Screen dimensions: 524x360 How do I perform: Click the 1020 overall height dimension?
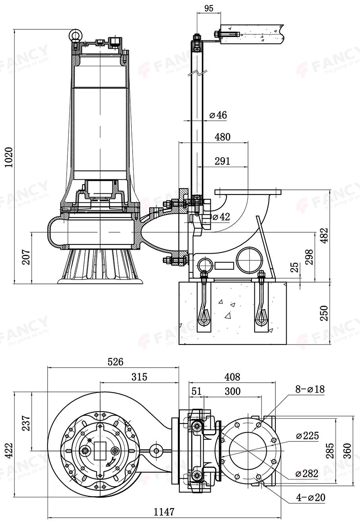[x=9, y=158]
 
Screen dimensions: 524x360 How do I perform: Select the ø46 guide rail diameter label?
[x=218, y=115]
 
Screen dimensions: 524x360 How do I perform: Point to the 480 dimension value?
[x=222, y=137]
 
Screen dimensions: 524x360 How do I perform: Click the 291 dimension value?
[x=222, y=161]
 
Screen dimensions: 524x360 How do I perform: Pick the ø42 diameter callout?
[x=221, y=217]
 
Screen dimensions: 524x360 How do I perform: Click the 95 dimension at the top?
[x=209, y=7]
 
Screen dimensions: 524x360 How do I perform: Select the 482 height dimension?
[x=325, y=236]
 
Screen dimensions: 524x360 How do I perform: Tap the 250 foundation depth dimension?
[x=324, y=314]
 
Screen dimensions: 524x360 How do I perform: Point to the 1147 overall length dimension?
[x=164, y=512]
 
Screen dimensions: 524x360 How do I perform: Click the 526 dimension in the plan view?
[x=116, y=362]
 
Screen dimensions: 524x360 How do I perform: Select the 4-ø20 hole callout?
[x=310, y=497]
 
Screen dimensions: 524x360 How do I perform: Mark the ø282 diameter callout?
[x=307, y=473]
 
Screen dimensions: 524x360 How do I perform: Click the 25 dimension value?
[x=294, y=268]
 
